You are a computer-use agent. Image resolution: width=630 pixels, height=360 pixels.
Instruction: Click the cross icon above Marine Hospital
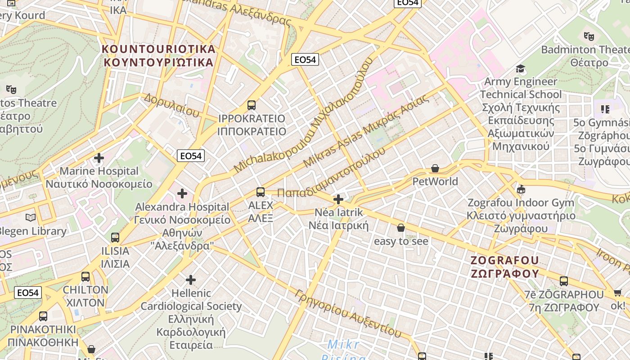[x=99, y=158]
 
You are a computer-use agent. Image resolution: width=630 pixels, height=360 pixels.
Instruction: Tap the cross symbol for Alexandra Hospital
[x=182, y=193]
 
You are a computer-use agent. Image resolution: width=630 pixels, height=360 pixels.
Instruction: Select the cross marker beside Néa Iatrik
[x=338, y=199]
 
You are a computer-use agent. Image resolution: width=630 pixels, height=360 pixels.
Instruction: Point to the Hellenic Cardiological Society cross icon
[x=191, y=280]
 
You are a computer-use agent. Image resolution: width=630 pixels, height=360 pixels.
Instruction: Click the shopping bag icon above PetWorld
[x=435, y=169]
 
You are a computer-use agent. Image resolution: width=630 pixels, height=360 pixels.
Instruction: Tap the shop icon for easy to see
[x=401, y=228]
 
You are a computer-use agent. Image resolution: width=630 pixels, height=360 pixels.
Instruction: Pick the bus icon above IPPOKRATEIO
[x=252, y=105]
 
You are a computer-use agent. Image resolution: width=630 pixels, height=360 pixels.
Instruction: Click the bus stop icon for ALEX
[x=261, y=192]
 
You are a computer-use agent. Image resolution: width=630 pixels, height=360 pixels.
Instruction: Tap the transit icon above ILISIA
[x=115, y=237]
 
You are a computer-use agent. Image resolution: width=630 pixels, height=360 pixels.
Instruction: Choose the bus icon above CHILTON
[x=85, y=277]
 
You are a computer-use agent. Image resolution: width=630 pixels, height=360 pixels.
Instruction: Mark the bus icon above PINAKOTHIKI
[x=43, y=316]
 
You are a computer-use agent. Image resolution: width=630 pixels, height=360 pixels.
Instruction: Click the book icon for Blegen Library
[x=31, y=218]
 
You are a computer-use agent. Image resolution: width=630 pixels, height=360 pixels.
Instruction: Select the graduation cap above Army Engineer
[x=521, y=69]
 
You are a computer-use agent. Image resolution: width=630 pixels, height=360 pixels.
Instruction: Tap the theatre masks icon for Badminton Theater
[x=588, y=36]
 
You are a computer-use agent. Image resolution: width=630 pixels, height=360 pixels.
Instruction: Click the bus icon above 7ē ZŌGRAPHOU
[x=564, y=281]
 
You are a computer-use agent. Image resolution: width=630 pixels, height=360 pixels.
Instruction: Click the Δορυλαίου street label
[x=171, y=105]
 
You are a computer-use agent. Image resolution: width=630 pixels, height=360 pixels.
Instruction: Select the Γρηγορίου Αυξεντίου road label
[x=348, y=313]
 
